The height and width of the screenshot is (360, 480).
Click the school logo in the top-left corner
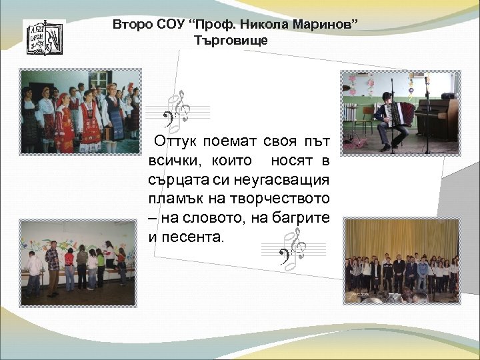click(x=44, y=37)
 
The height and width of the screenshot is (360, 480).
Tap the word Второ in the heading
click(x=133, y=25)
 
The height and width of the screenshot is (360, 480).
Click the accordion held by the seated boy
click(x=402, y=113)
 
